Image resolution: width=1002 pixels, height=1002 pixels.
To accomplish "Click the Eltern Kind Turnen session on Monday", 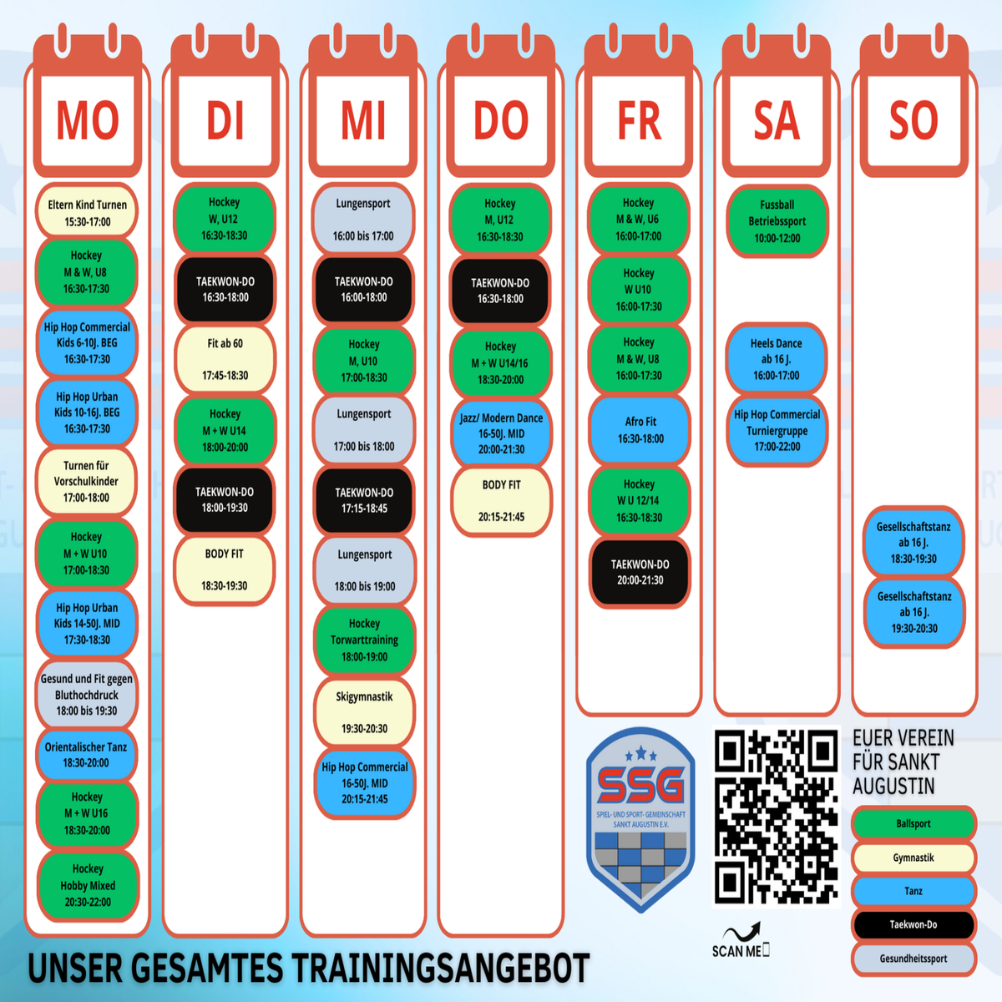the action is [x=87, y=213].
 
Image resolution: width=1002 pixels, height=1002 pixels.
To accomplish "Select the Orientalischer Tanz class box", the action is [x=86, y=755].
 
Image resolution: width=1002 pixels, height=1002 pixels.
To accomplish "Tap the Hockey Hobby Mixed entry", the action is [x=87, y=886].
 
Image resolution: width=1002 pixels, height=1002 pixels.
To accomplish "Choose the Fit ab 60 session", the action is [x=225, y=359].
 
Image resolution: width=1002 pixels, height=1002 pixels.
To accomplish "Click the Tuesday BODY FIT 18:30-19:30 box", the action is [x=225, y=569].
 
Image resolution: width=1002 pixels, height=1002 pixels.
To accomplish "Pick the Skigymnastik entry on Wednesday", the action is [x=364, y=712].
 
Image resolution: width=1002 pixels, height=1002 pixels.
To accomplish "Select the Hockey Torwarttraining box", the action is [x=364, y=640].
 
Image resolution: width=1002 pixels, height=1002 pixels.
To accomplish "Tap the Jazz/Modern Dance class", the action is [x=501, y=433].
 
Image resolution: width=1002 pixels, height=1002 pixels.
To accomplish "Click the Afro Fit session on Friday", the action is [x=640, y=430].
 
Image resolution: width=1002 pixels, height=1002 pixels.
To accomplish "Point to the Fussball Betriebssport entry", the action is [x=777, y=221].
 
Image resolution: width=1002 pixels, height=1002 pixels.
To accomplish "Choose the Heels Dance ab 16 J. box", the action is [x=776, y=359].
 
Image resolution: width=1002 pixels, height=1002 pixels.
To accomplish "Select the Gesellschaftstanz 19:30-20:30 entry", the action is [x=913, y=612].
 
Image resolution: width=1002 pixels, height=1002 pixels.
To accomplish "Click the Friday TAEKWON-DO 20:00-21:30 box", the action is [x=640, y=572].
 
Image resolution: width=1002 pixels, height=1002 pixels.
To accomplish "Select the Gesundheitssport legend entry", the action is [x=913, y=959].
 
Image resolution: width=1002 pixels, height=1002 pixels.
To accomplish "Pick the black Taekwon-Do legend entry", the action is [x=913, y=924].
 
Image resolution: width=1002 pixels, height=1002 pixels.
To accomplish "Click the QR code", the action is [x=777, y=817].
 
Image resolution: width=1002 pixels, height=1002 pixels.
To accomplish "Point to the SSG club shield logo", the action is [x=640, y=819].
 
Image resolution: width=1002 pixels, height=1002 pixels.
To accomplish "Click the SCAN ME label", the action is [x=738, y=950].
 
